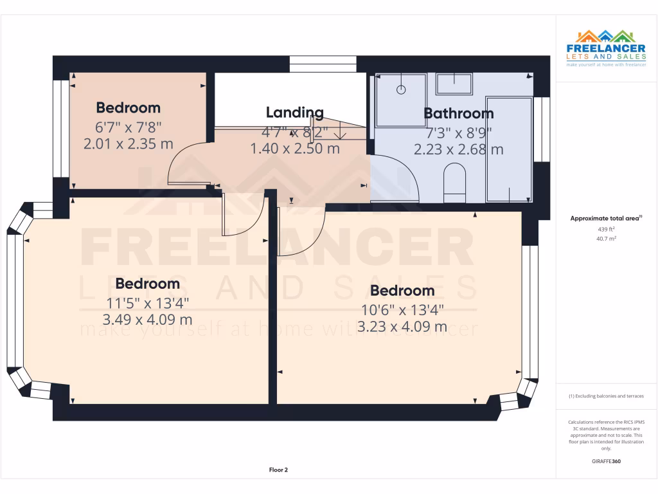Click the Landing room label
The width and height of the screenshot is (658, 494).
click(x=294, y=113)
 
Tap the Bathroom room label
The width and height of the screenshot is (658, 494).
click(x=458, y=114)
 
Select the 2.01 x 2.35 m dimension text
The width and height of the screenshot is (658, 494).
click(x=129, y=144)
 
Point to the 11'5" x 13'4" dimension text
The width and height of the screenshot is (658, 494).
click(x=147, y=302)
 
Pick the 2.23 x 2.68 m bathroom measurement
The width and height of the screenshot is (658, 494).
click(x=458, y=150)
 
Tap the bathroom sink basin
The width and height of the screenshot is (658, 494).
click(x=454, y=83)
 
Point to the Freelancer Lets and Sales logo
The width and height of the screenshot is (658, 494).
click(x=606, y=48)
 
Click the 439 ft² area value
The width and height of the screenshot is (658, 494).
click(x=606, y=229)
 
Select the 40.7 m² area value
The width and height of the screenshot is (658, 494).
click(x=606, y=238)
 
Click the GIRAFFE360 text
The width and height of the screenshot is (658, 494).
click(x=606, y=461)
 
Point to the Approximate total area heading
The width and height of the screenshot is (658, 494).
click(x=606, y=219)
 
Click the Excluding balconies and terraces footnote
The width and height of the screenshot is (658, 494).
click(x=606, y=396)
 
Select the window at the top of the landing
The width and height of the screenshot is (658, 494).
click(x=323, y=64)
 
